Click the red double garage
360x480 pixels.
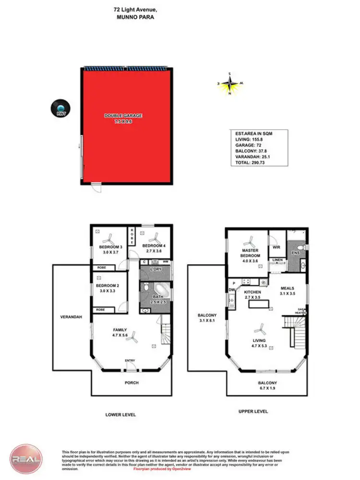tap(126, 126)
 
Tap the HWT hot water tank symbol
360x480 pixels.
tap(61, 108)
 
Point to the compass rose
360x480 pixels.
tap(230, 84)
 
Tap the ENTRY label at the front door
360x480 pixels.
tap(130, 360)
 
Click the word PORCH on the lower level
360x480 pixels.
tap(132, 383)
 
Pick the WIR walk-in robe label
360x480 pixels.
tap(276, 248)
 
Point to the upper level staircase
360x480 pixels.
tap(292, 331)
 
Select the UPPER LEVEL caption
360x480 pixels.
tap(253, 411)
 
